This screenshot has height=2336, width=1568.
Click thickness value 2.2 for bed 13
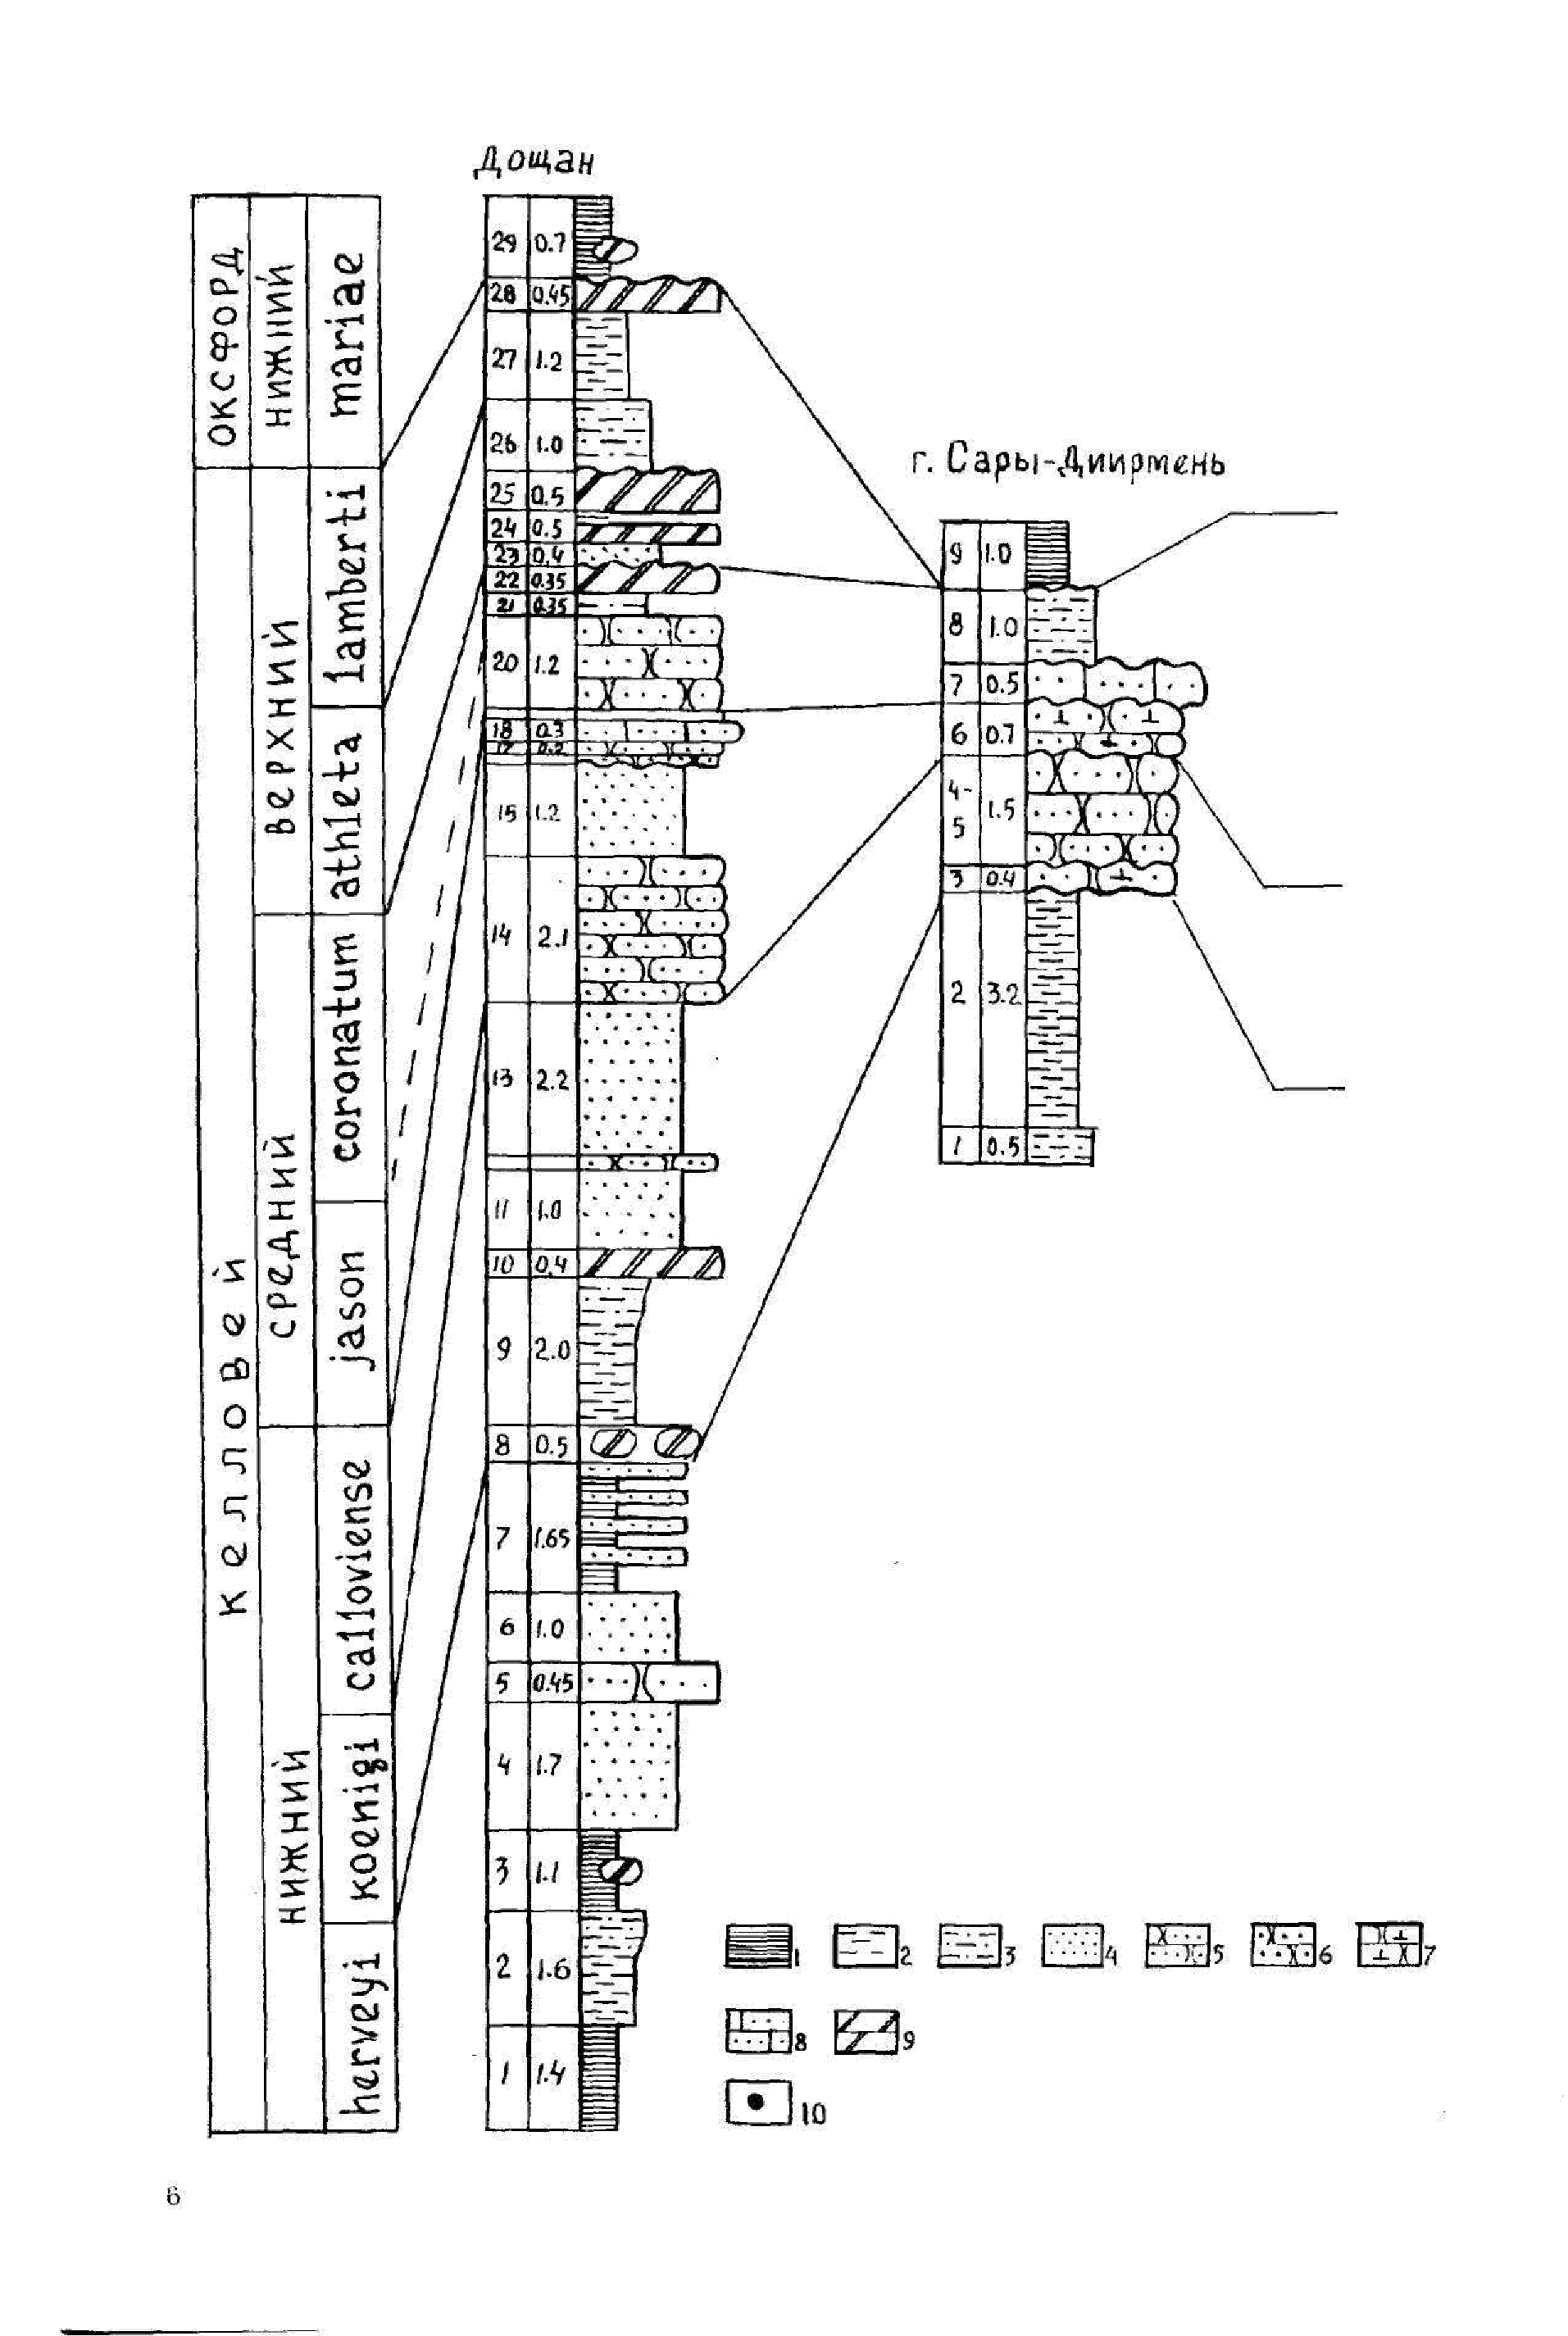[551, 1079]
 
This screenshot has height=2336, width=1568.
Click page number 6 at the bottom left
[173, 2197]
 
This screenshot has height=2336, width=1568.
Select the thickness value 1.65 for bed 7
[551, 1538]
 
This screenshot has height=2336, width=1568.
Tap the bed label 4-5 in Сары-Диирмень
[958, 809]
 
